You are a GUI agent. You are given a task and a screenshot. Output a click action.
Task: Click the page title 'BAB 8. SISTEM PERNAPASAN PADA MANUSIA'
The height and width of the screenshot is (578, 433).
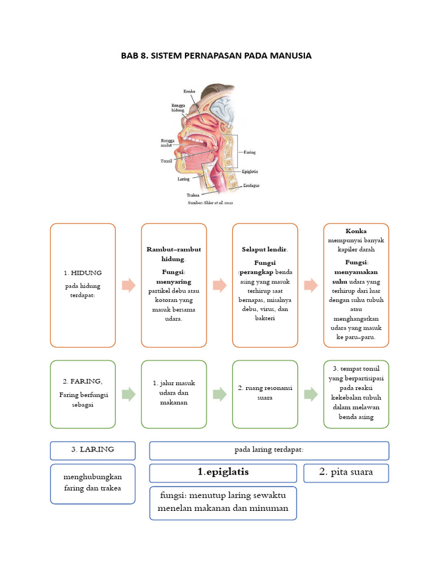216,56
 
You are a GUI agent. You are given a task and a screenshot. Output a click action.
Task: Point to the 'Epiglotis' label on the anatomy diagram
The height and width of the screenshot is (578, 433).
250,172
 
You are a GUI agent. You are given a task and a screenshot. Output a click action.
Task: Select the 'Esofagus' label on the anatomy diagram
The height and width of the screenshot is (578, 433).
251,185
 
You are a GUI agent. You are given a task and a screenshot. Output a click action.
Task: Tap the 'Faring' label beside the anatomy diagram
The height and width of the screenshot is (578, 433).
250,152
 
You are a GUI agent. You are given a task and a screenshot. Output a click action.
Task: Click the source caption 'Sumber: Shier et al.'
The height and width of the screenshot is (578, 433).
210,202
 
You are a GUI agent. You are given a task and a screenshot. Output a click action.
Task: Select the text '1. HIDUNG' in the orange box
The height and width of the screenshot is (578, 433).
83,273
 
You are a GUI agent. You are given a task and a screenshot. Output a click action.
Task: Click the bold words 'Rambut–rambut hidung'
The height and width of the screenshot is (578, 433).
174,254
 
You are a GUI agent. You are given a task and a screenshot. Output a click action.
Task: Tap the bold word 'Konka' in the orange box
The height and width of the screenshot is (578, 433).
356,231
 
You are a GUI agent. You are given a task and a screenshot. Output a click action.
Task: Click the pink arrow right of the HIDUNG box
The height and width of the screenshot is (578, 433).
129,285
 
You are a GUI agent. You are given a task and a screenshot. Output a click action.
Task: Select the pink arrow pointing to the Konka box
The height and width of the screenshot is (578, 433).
311,285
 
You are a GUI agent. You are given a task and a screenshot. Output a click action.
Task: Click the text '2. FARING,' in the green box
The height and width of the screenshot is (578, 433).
83,382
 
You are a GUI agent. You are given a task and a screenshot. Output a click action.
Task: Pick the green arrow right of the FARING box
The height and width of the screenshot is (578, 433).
129,394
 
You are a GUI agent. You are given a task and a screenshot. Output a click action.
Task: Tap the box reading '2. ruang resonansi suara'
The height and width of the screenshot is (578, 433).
265,393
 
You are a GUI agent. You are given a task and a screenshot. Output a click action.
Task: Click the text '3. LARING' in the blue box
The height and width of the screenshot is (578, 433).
93,450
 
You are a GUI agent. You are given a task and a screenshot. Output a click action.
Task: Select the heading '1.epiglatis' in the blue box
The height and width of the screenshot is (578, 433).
223,472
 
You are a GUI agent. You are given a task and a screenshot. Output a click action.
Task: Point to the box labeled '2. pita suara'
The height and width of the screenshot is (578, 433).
346,472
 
